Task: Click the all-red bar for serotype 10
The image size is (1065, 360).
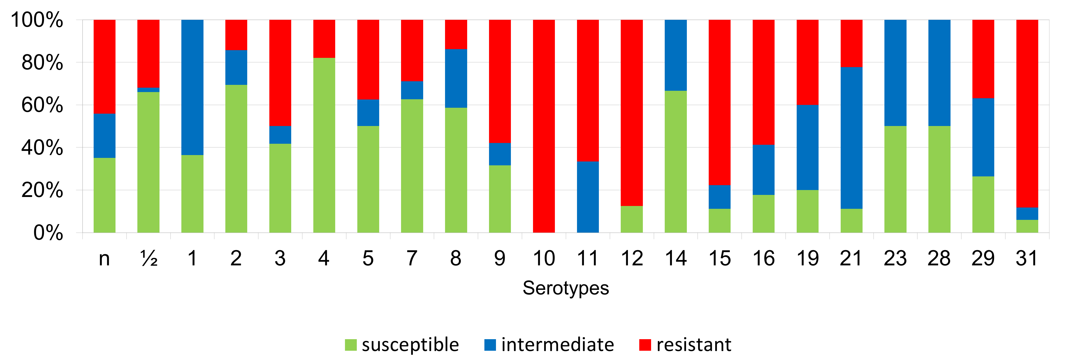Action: [x=544, y=126]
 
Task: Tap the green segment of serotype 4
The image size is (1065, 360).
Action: [x=324, y=145]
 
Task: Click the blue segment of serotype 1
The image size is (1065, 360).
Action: [x=192, y=87]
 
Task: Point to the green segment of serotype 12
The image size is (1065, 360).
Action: [x=632, y=219]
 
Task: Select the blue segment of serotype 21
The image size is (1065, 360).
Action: [x=851, y=138]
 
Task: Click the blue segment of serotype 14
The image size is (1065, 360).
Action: [x=676, y=55]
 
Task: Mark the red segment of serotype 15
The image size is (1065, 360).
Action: [x=719, y=102]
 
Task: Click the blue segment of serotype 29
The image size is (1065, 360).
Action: [x=983, y=137]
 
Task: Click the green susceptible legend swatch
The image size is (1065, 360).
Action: [x=351, y=345]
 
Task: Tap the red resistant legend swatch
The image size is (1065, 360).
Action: [x=645, y=345]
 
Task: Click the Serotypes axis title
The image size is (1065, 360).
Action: [x=566, y=288]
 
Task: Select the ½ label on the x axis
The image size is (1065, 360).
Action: [x=149, y=259]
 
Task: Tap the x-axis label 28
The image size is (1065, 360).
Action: [x=939, y=259]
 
